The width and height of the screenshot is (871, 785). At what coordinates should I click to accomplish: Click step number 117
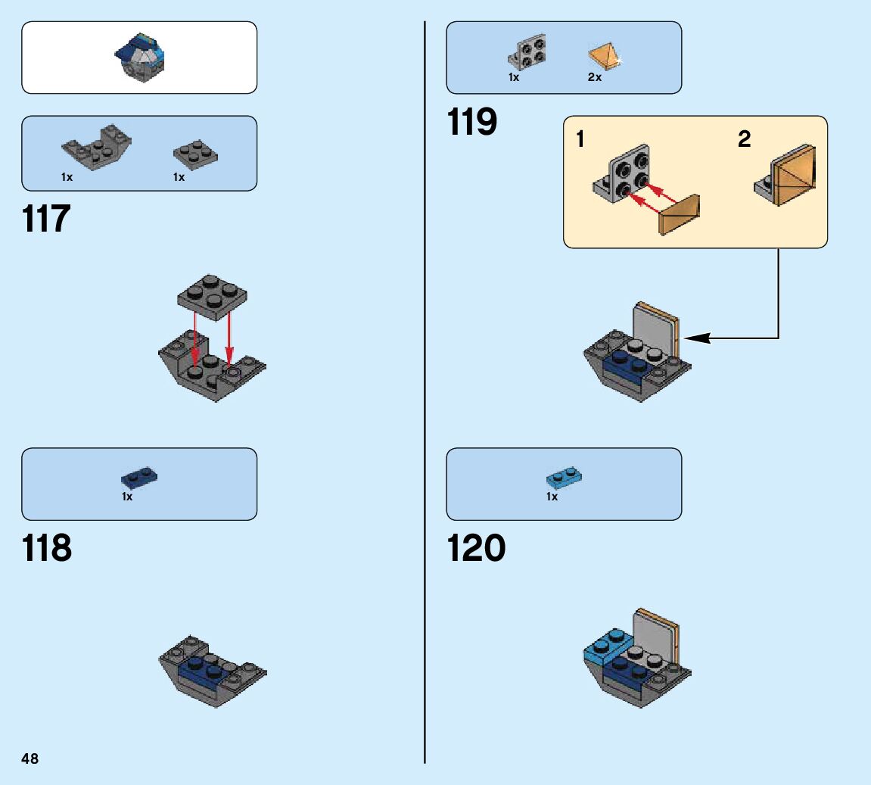tap(47, 220)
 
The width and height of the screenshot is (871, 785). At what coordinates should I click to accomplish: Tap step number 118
tap(47, 548)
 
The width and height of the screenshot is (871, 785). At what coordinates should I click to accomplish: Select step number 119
tap(472, 122)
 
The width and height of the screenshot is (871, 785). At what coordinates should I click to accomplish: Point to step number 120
tap(476, 548)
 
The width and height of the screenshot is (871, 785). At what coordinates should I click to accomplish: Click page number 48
tap(30, 759)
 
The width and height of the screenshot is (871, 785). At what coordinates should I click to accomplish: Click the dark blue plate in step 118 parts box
tap(139, 477)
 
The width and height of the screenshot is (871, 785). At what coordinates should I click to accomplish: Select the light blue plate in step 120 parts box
tap(564, 477)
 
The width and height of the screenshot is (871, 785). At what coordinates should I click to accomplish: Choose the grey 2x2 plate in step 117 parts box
tap(195, 154)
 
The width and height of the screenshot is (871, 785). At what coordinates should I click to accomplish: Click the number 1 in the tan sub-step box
tap(580, 139)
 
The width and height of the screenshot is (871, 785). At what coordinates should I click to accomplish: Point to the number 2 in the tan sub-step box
tap(745, 139)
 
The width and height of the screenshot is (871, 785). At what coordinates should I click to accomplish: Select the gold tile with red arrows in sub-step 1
tap(680, 214)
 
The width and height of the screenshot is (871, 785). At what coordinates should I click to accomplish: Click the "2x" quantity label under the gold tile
tap(595, 77)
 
